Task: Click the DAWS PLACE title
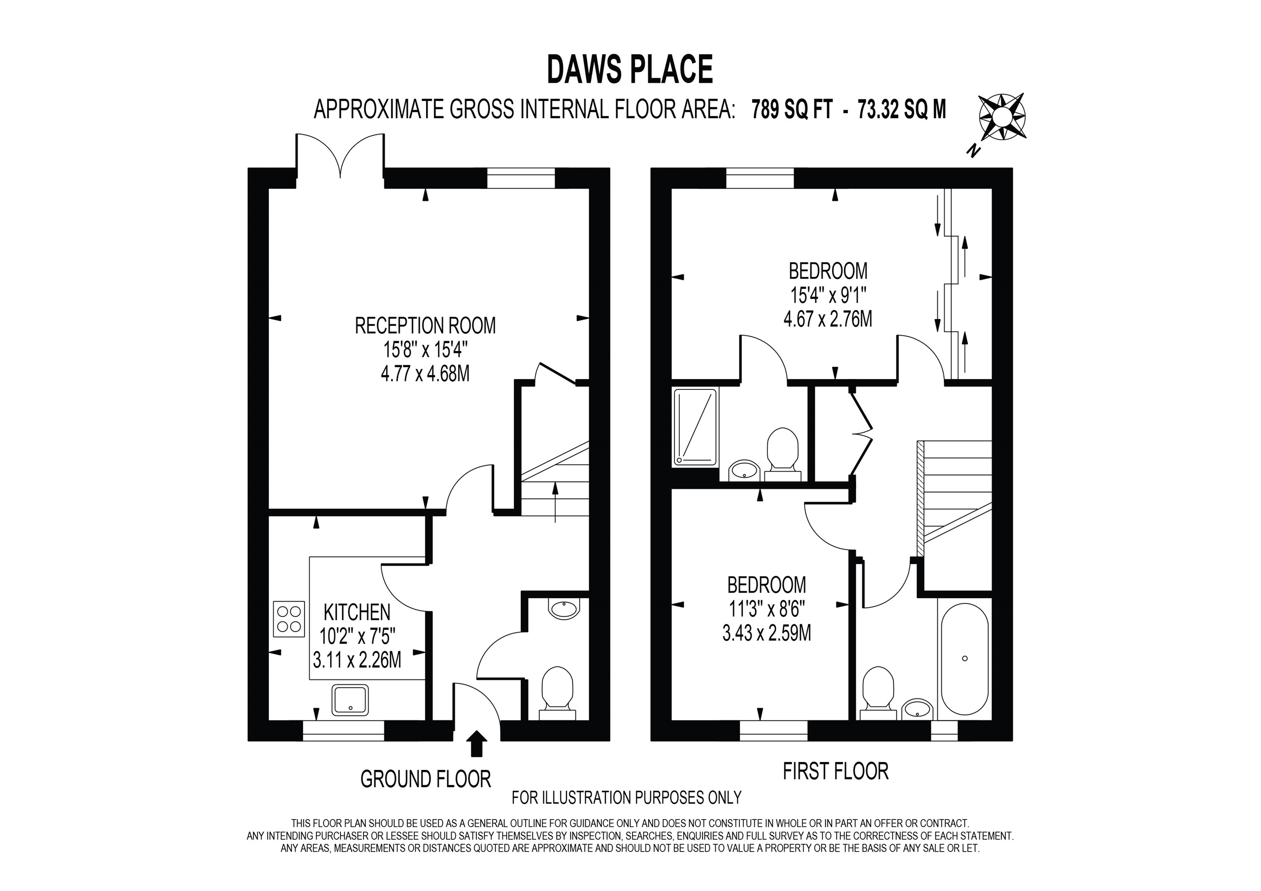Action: pyautogui.click(x=630, y=70)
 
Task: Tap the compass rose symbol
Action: pyautogui.click(x=1002, y=118)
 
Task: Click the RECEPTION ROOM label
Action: pyautogui.click(x=425, y=325)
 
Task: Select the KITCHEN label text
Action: pyautogui.click(x=357, y=612)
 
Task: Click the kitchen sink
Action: pyautogui.click(x=350, y=700)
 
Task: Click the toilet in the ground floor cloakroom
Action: pyautogui.click(x=558, y=692)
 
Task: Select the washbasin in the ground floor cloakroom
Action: pyautogui.click(x=564, y=609)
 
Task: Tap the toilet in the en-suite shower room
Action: pyautogui.click(x=782, y=455)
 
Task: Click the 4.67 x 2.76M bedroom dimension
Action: pyautogui.click(x=828, y=319)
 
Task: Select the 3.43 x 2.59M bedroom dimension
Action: pyautogui.click(x=767, y=634)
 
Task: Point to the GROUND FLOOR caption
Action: pyautogui.click(x=426, y=779)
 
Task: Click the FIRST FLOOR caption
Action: pyautogui.click(x=835, y=771)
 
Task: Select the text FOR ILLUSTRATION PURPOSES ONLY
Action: pyautogui.click(x=627, y=797)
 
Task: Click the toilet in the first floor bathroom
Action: pyautogui.click(x=878, y=692)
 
